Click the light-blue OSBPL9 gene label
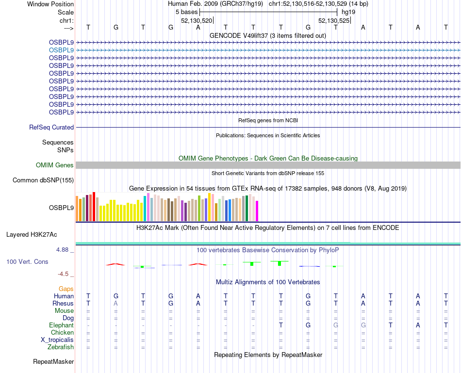[x=61, y=50]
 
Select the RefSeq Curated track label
[x=51, y=127]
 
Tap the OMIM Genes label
[x=55, y=165]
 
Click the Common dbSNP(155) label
[x=43, y=180]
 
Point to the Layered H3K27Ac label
[x=32, y=235]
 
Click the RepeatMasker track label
[x=53, y=362]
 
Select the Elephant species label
[x=61, y=325]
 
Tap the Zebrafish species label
[x=61, y=347]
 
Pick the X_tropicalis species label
[x=57, y=340]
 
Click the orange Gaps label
[x=66, y=289]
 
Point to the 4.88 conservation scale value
[x=63, y=250]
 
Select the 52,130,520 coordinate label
[x=197, y=21]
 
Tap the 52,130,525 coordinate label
[x=334, y=21]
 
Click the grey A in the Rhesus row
[x=115, y=303]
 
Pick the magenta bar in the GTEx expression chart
[x=257, y=211]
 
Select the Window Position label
[x=50, y=4]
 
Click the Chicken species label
[x=63, y=333]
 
